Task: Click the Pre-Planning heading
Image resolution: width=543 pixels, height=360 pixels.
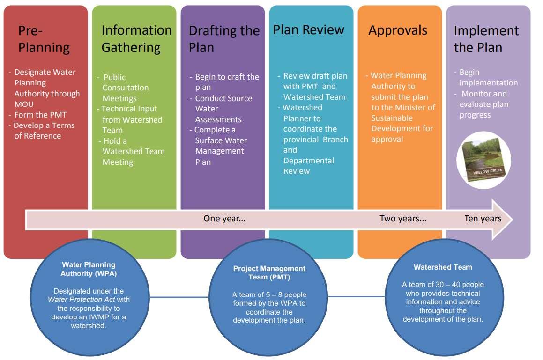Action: (x=44, y=39)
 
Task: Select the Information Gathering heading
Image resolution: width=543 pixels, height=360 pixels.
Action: (x=136, y=39)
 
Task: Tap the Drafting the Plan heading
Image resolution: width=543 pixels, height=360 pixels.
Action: (x=223, y=39)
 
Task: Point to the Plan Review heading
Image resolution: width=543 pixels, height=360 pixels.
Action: (x=309, y=30)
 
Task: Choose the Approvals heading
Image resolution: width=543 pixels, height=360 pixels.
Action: (x=398, y=30)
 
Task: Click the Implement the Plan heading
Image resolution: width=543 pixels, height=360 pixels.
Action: (x=486, y=39)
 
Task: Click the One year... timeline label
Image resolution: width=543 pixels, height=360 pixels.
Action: (x=224, y=219)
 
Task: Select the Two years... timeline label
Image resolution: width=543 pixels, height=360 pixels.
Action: (x=403, y=219)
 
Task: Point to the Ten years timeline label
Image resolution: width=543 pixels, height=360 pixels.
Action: (x=483, y=219)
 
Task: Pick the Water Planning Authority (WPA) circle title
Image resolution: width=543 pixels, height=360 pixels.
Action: (x=89, y=269)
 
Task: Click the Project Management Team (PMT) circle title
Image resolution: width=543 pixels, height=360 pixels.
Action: (x=269, y=272)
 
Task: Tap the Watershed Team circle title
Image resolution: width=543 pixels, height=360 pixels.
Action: (x=443, y=267)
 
